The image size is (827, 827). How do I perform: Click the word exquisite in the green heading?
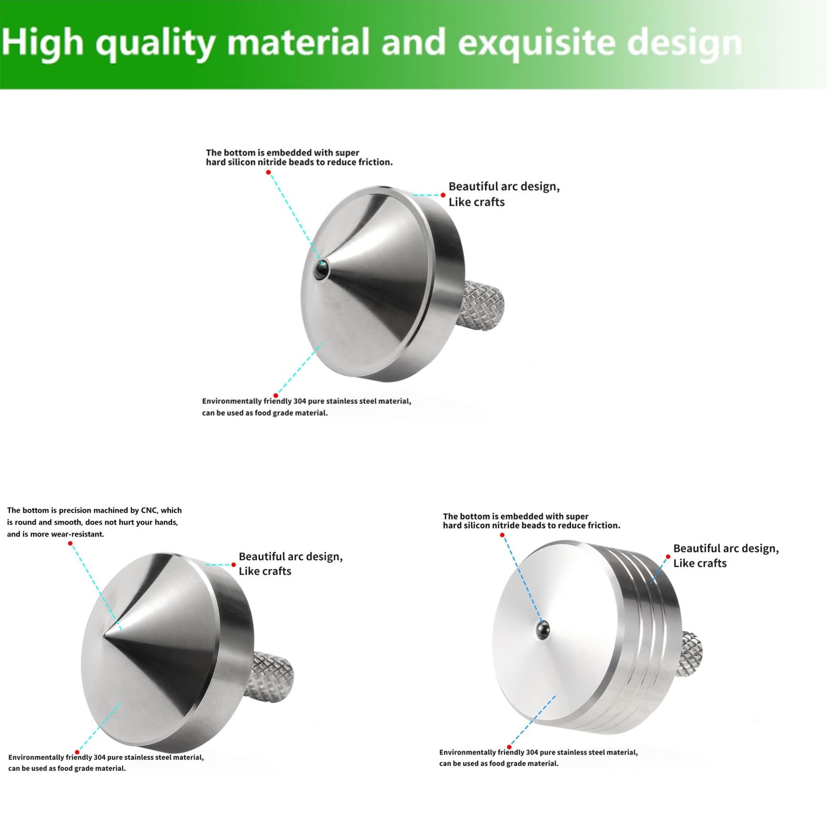pyautogui.click(x=536, y=43)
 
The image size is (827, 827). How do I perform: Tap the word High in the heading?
pyautogui.click(x=43, y=42)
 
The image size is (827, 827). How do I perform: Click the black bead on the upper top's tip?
pyautogui.click(x=322, y=268)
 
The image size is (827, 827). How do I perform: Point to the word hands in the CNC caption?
pyautogui.click(x=165, y=523)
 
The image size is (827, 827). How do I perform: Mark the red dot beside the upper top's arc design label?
pyautogui.click(x=443, y=195)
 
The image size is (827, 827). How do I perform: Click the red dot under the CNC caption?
pyautogui.click(x=70, y=543)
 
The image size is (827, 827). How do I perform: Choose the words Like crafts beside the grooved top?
pyautogui.click(x=700, y=563)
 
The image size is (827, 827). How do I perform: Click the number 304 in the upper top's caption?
pyautogui.click(x=300, y=401)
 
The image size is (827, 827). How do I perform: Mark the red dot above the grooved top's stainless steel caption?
pyautogui.click(x=509, y=747)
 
